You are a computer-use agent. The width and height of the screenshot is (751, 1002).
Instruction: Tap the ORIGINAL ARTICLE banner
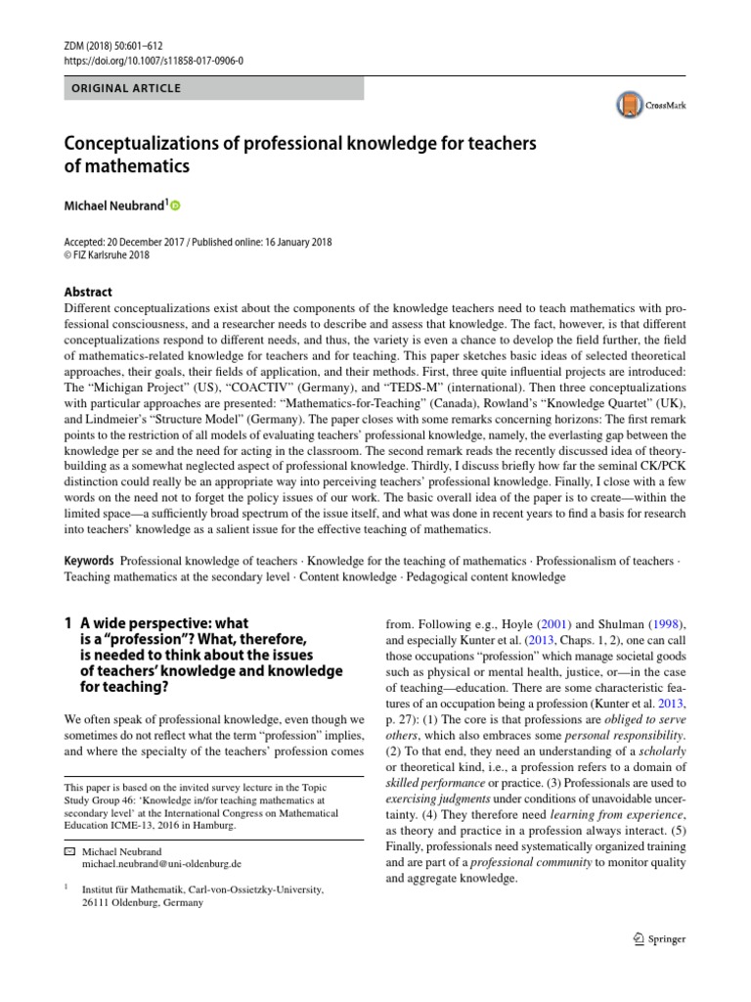point(122,89)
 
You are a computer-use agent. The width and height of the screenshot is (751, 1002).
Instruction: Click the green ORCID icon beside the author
point(177,205)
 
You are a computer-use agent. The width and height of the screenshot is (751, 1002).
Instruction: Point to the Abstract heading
point(88,292)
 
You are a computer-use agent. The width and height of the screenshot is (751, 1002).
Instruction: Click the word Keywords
point(88,561)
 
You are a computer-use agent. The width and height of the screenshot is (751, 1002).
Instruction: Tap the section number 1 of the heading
point(68,622)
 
